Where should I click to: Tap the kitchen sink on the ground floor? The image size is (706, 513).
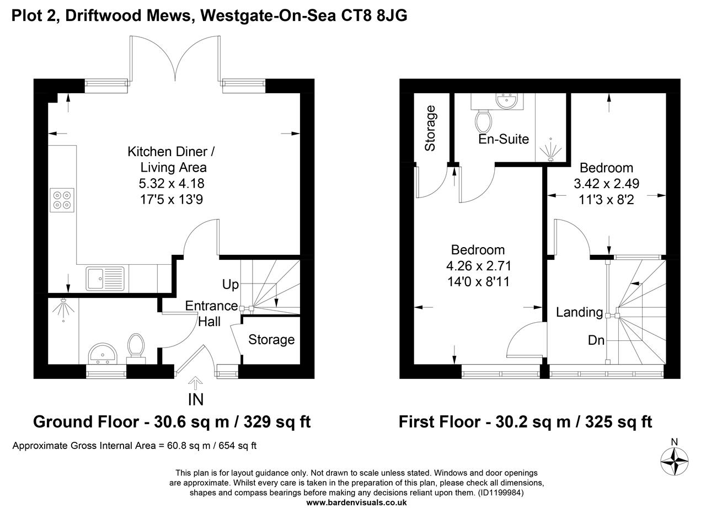tap(105, 277)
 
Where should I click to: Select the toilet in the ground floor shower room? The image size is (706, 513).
tap(136, 347)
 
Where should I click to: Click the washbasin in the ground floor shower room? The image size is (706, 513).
tap(101, 353)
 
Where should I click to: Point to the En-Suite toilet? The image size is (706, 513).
tap(483, 120)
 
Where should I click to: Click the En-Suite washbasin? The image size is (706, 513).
tap(506, 101)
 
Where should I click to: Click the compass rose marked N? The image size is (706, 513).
tap(675, 459)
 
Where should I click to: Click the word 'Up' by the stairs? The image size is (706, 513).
tap(230, 285)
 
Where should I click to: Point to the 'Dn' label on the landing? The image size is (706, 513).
tap(596, 340)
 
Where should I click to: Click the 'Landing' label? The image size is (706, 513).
tap(579, 312)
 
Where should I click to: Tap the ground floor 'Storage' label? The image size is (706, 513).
tap(271, 340)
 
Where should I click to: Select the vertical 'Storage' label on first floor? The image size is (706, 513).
tap(430, 128)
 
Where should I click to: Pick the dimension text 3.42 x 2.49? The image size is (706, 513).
tap(606, 184)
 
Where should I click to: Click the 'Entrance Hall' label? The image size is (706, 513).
tap(211, 313)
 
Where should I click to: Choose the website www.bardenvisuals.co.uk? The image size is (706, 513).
tap(356, 503)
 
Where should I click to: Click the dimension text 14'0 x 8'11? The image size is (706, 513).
tap(478, 282)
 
